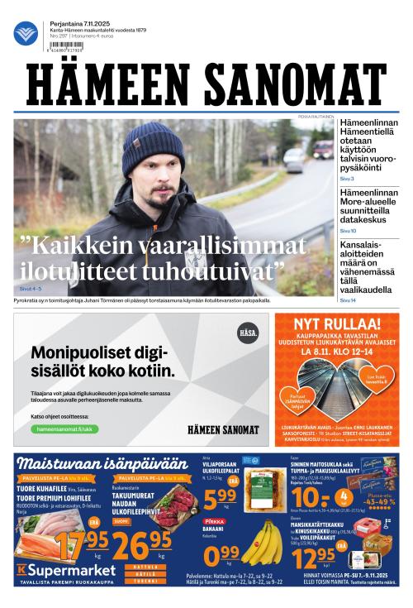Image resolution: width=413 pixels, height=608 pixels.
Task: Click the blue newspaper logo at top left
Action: click(26, 33)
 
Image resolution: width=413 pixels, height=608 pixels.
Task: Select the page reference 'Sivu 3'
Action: click(347, 179)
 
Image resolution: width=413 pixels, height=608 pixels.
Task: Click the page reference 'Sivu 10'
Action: click(348, 231)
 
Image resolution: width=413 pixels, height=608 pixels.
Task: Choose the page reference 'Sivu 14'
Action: click(348, 300)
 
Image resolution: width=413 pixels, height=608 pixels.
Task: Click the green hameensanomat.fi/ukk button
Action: click(63, 429)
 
